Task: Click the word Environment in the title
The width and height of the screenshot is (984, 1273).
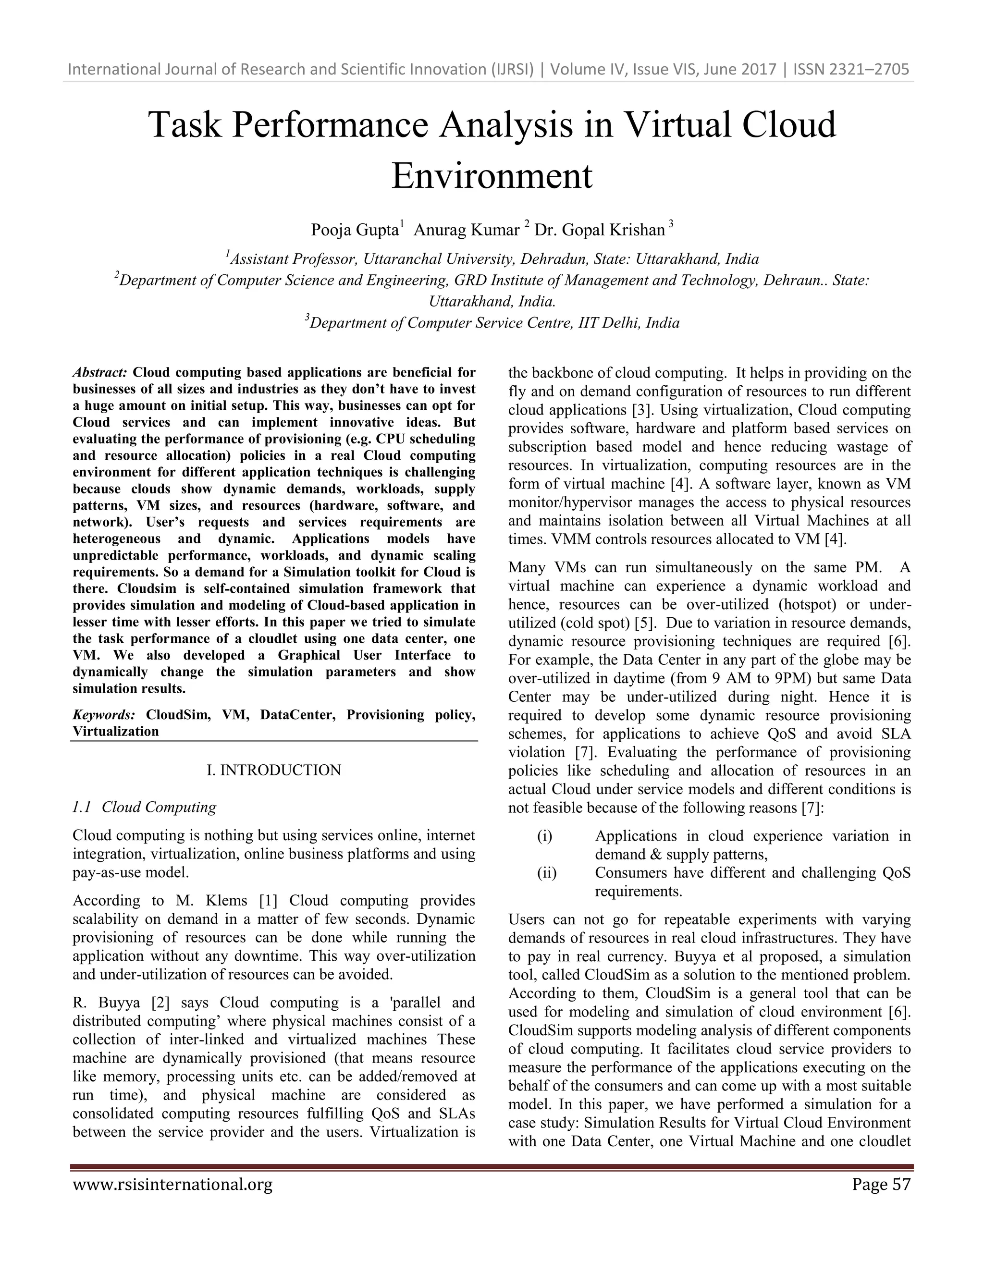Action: coord(492,176)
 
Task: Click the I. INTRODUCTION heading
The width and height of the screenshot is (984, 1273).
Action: coord(273,770)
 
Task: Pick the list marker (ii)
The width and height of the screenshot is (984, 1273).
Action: coord(546,872)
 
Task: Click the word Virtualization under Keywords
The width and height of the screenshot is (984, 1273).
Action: coord(115,732)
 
